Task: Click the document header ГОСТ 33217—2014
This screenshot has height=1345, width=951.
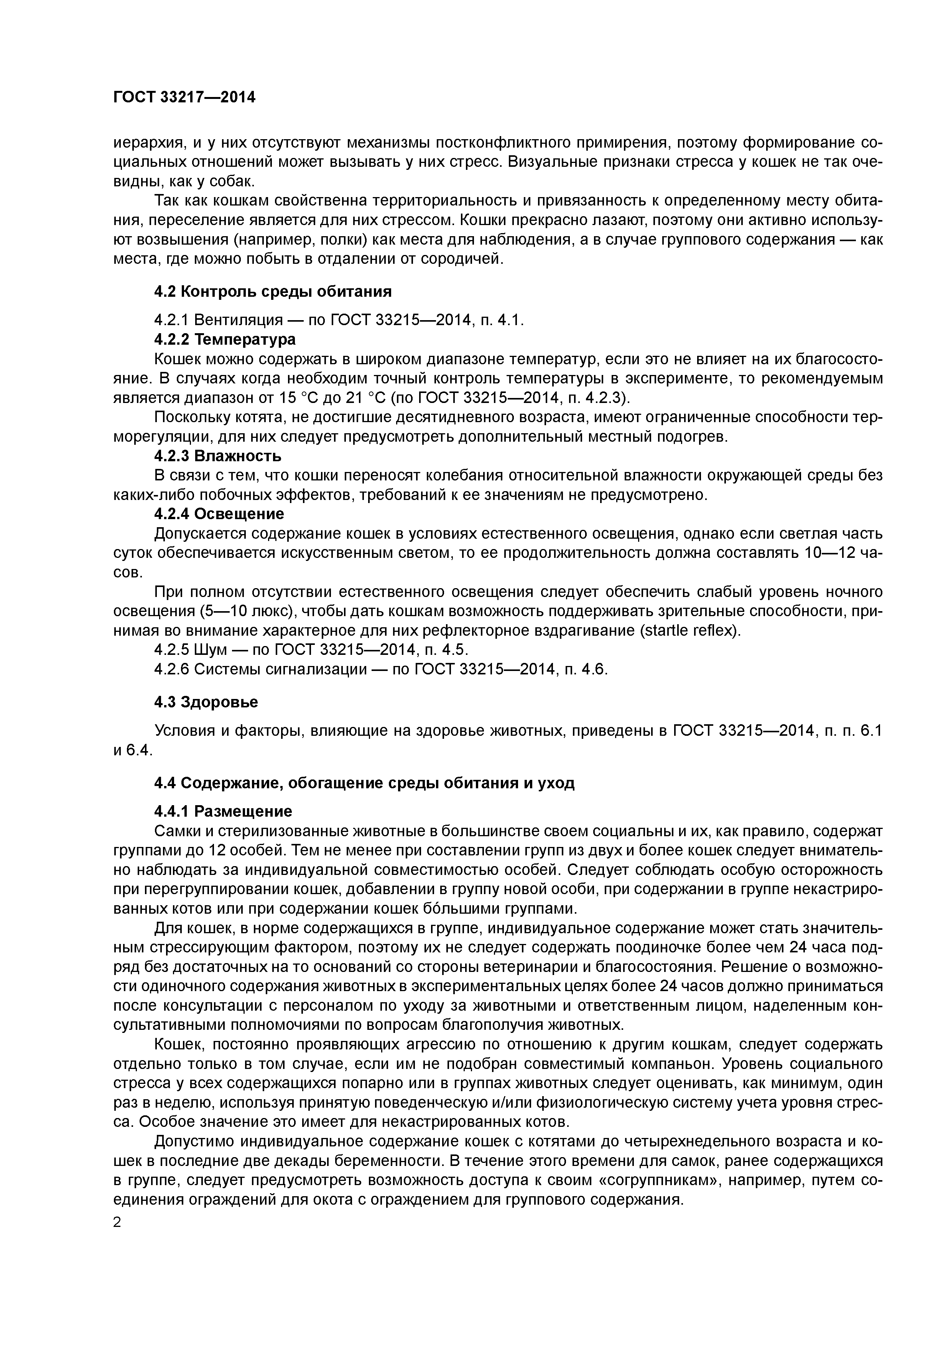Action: coord(184,97)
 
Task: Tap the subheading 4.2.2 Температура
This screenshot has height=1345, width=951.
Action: coord(224,339)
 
